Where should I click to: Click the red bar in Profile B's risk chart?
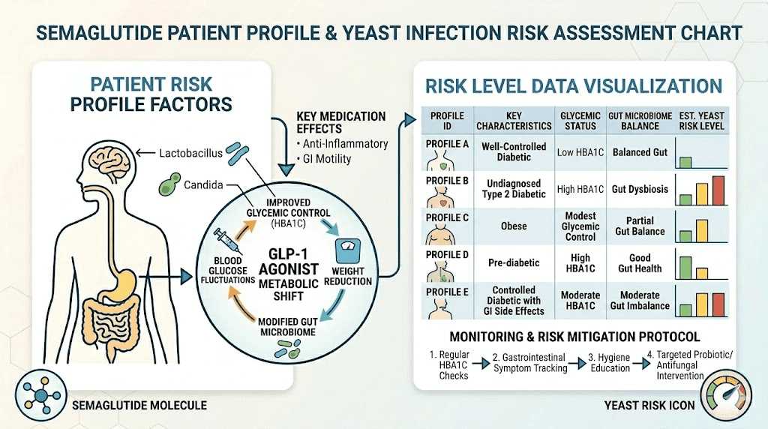tap(718, 190)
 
